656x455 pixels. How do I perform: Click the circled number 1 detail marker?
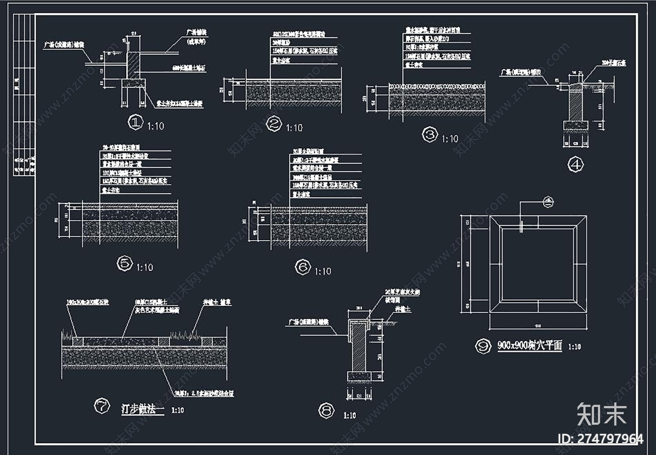coord(135,122)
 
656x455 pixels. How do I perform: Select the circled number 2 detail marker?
coord(273,124)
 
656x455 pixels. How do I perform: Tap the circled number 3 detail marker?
coord(430,135)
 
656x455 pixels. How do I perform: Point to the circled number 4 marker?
coord(576,165)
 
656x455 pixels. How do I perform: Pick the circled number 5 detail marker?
coord(125,263)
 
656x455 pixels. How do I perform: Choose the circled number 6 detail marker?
coord(303,268)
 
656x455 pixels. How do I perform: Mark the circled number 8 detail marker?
coord(326,411)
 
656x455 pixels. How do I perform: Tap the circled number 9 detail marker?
coord(483,346)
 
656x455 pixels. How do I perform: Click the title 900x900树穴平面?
coord(530,345)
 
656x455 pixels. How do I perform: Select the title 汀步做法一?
coord(142,409)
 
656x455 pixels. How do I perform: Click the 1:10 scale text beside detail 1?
coord(155,126)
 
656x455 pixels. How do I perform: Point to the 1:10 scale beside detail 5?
coord(145,268)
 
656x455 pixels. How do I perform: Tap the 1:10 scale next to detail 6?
coord(323,272)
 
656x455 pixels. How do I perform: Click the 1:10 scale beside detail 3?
coord(450,139)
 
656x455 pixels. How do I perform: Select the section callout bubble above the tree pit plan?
coord(549,201)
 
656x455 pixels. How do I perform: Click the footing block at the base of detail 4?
coord(576,125)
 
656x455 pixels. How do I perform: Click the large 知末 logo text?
coord(601,414)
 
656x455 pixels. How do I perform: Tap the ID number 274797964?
coord(600,439)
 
